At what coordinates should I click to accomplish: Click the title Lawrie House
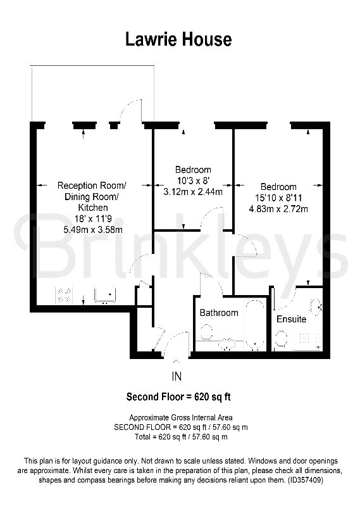click(x=178, y=39)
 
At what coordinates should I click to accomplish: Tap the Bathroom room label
click(x=219, y=313)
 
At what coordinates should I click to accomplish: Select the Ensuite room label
click(x=291, y=319)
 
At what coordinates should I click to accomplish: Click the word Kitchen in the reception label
click(x=93, y=208)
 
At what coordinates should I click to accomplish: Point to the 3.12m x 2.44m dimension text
click(x=193, y=192)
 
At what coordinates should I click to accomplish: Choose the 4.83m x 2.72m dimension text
click(x=278, y=209)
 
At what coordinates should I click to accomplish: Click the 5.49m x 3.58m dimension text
click(x=93, y=230)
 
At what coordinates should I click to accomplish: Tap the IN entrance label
click(x=177, y=377)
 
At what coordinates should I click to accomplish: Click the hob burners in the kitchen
click(x=64, y=295)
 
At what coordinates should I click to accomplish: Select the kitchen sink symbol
click(x=105, y=295)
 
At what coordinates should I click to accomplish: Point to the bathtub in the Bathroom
click(x=255, y=325)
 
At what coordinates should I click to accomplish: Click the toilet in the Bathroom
click(x=206, y=332)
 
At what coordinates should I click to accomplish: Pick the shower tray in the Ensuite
click(x=307, y=341)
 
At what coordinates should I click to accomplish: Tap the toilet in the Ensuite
click(x=281, y=339)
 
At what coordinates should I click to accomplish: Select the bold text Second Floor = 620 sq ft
click(x=178, y=397)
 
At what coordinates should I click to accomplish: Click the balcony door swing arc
click(x=130, y=108)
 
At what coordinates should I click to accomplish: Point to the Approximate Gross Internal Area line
click(x=181, y=417)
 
